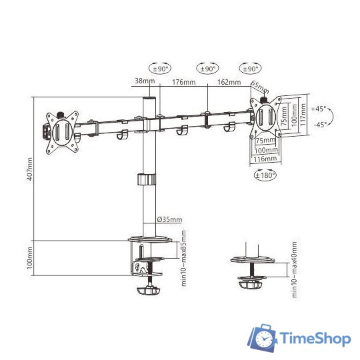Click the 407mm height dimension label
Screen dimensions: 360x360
point(30,169)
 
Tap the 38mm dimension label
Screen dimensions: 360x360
point(145,81)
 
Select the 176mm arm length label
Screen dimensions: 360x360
point(184,82)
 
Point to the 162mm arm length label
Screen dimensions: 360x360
point(229,82)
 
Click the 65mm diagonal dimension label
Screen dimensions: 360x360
point(260,87)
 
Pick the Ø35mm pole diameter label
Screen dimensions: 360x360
point(170,219)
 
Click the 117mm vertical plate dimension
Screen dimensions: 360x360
point(303,115)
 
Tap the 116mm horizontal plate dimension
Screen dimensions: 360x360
point(265,159)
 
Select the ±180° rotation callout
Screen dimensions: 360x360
point(265,175)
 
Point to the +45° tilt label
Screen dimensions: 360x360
point(319,109)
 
